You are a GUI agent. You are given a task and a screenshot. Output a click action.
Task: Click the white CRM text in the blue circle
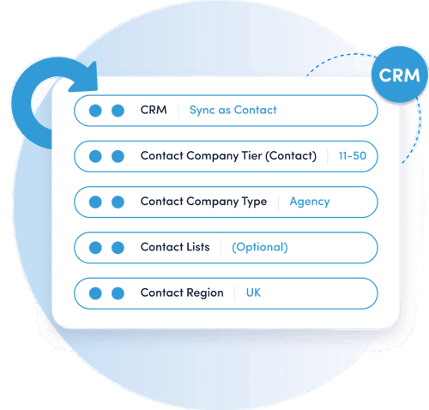pyautogui.click(x=399, y=75)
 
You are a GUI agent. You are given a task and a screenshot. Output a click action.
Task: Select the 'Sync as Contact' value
pyautogui.click(x=233, y=110)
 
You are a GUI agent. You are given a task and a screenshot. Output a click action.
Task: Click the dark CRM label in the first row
pyautogui.click(x=154, y=110)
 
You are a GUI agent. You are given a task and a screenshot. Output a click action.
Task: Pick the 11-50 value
pyautogui.click(x=353, y=156)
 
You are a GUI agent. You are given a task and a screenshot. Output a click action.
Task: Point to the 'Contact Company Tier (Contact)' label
pyautogui.click(x=228, y=156)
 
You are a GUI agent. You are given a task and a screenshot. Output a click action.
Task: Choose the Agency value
pyautogui.click(x=310, y=202)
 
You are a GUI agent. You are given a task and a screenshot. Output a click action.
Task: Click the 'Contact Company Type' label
pyautogui.click(x=203, y=202)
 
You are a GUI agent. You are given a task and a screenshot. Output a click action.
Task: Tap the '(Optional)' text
pyautogui.click(x=260, y=247)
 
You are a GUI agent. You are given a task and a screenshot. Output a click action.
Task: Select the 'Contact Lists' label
pyautogui.click(x=175, y=247)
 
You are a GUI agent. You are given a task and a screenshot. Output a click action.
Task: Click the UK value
pyautogui.click(x=253, y=292)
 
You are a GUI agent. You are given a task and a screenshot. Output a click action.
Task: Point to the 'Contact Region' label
pyautogui.click(x=182, y=293)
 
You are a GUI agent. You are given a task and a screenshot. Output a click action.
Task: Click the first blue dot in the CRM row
pyautogui.click(x=95, y=111)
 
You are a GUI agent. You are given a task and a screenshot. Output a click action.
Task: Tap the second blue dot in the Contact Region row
pyautogui.click(x=118, y=293)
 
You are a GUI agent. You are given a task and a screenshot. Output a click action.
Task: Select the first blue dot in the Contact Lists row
pyautogui.click(x=95, y=248)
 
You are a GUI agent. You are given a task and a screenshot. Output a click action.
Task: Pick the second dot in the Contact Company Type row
pyautogui.click(x=118, y=202)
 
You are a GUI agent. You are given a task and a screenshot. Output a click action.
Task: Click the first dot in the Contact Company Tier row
pyautogui.click(x=95, y=156)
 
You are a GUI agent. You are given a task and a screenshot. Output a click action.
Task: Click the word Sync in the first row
pyautogui.click(x=202, y=111)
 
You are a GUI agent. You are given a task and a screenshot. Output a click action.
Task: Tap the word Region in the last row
pyautogui.click(x=205, y=293)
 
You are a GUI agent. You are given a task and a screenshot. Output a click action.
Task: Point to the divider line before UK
pyautogui.click(x=235, y=293)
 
